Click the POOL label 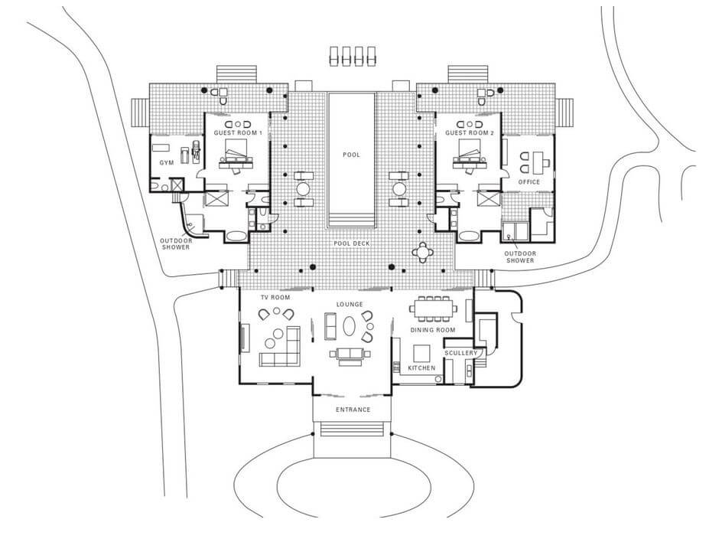351,155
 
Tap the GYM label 167,163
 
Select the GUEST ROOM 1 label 238,133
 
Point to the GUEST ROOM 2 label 470,133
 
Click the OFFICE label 529,182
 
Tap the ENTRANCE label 353,410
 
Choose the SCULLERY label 460,353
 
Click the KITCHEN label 421,368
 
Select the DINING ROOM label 433,330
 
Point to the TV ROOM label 275,297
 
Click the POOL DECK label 352,243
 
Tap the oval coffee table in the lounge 349,326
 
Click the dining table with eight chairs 433,309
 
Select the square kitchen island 422,353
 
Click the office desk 538,163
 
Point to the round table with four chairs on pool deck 422,252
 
